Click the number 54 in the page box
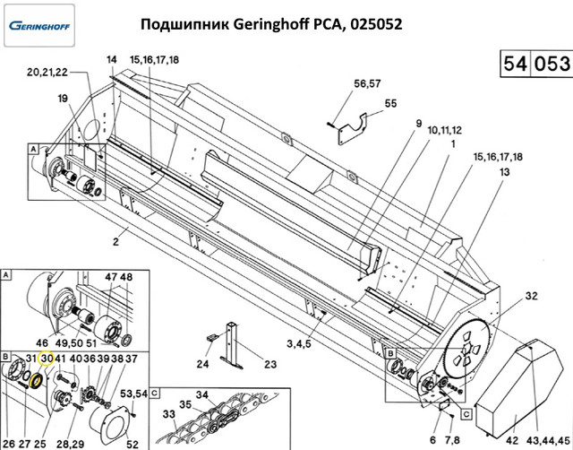513,64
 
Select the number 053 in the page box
551,64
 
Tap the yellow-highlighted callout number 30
47,359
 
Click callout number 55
390,103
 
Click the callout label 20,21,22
47,72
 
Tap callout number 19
64,99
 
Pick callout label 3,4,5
298,343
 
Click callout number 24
202,364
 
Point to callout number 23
269,364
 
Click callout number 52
131,442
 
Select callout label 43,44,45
543,440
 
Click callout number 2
115,242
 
